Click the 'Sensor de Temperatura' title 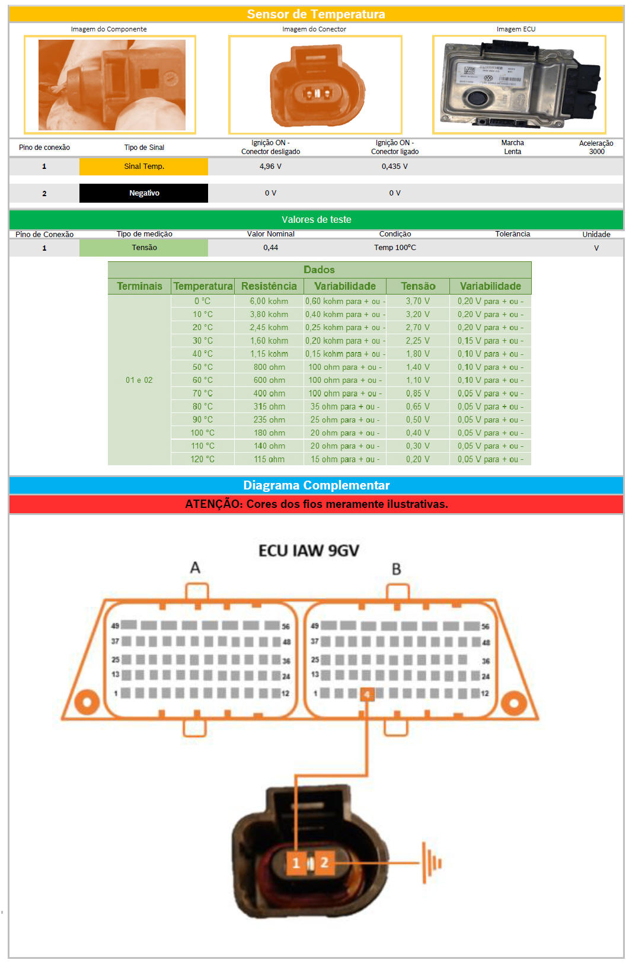tap(316, 14)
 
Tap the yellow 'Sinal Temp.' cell tap(144, 167)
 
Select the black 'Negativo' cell tap(144, 193)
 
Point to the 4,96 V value tap(270, 167)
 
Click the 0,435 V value tap(394, 167)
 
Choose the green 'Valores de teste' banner tap(316, 220)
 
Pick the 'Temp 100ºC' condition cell tap(395, 248)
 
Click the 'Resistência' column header tap(269, 286)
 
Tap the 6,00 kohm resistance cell tap(269, 301)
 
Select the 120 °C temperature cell tap(202, 459)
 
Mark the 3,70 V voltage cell tap(417, 301)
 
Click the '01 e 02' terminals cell tap(139, 380)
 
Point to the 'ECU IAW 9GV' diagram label tap(308, 551)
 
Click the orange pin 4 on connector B tap(367, 694)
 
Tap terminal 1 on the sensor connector tap(296, 862)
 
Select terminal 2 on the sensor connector tap(324, 862)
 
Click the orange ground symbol tap(432, 863)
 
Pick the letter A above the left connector tap(195, 568)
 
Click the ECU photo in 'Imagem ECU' tap(519, 85)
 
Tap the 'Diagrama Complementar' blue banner tap(316, 485)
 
